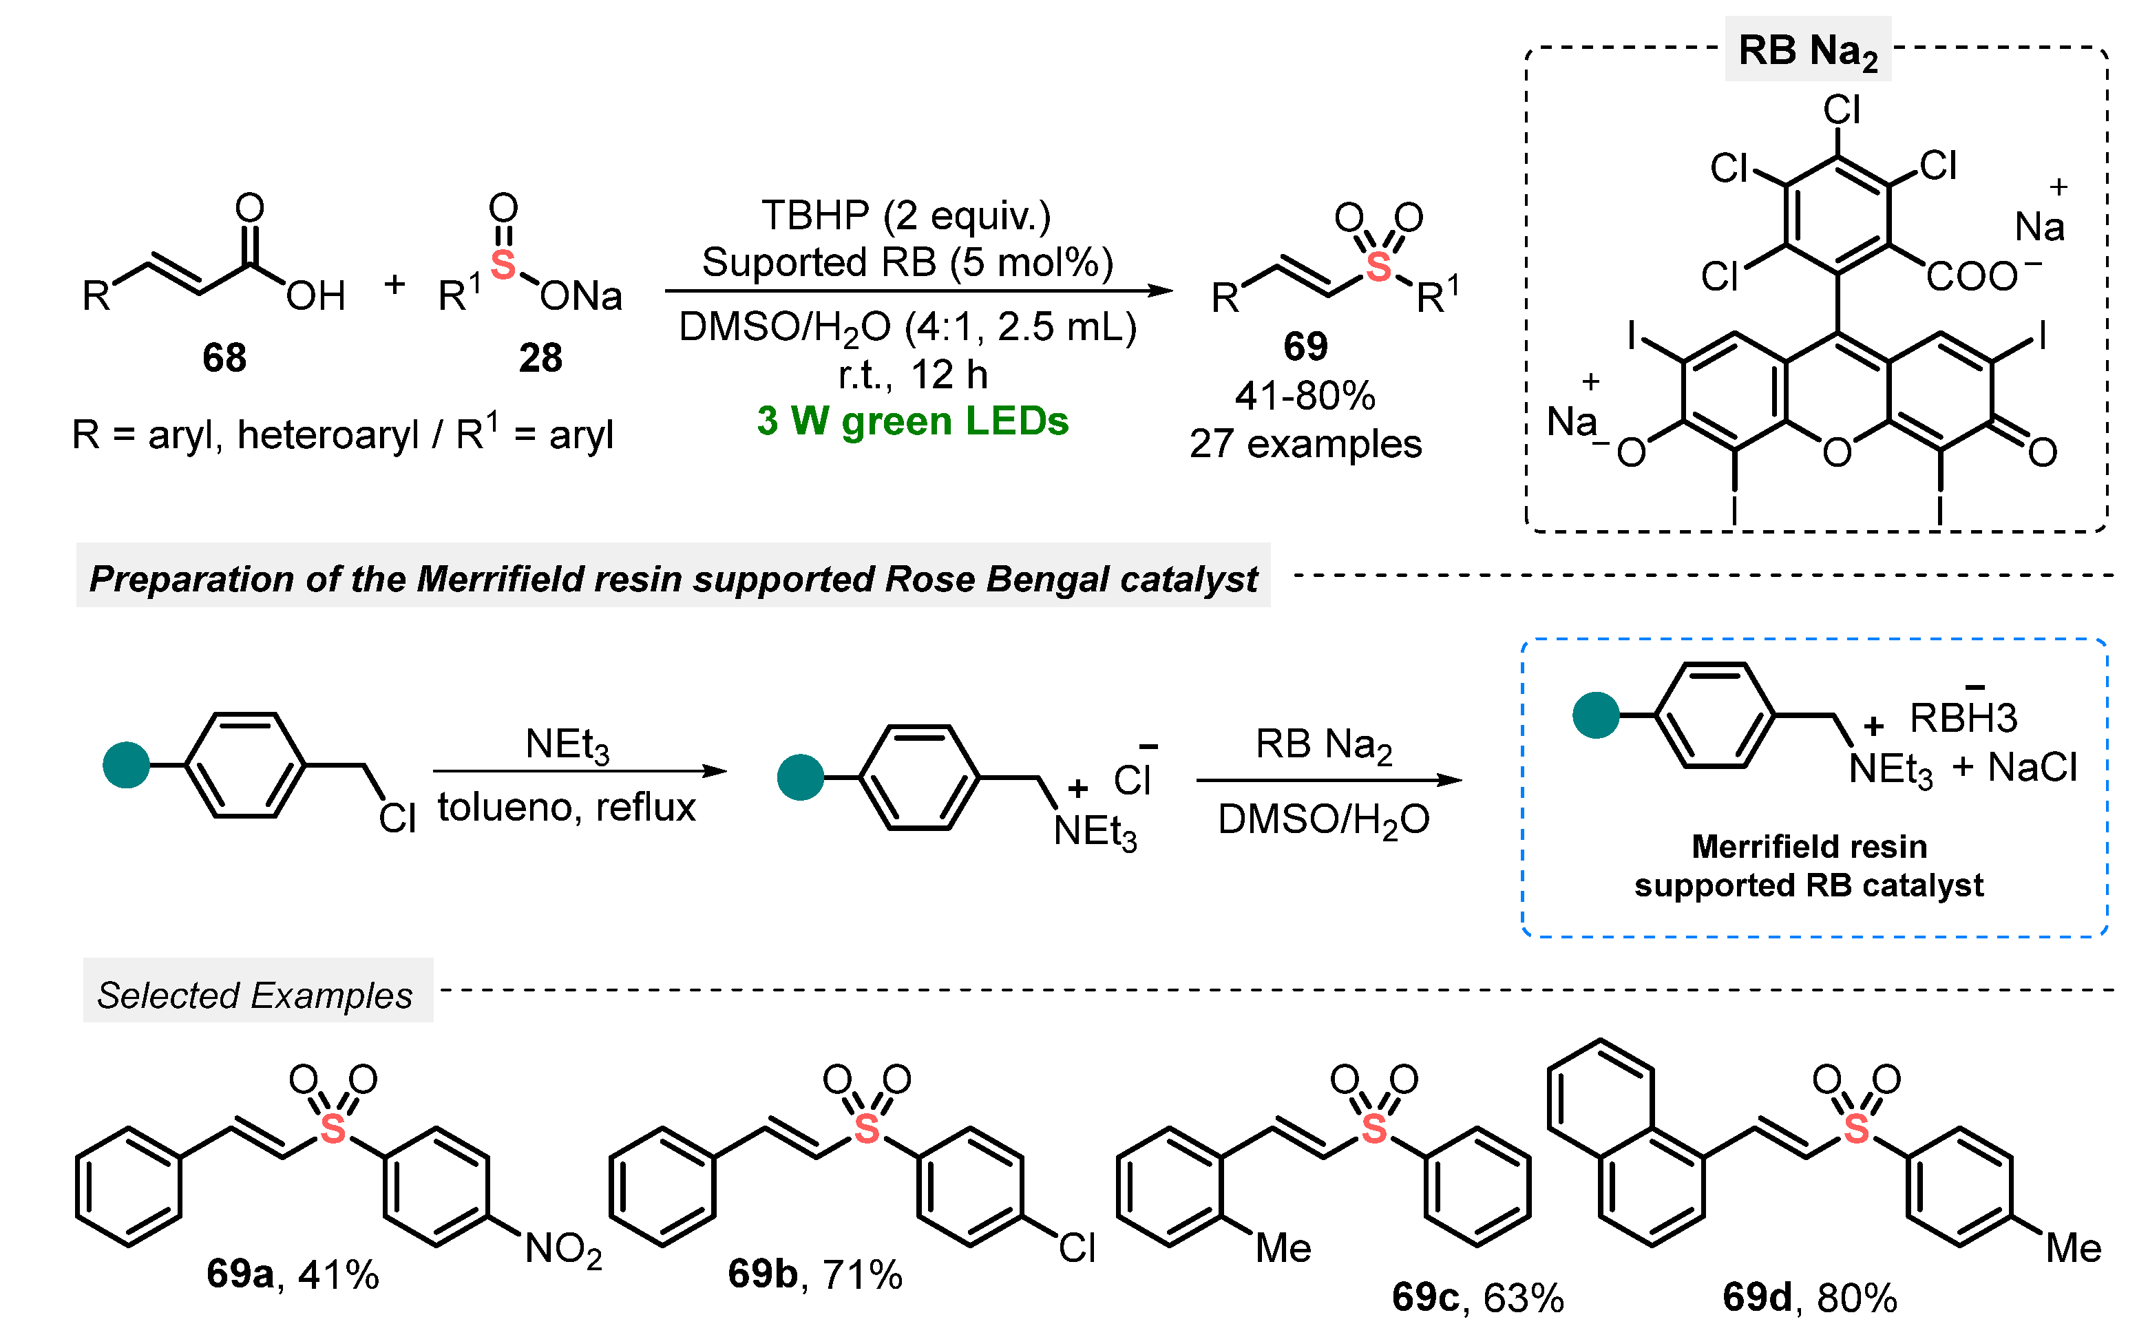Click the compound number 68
click(224, 358)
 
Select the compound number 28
click(540, 358)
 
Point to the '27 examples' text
click(1305, 444)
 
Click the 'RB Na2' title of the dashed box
click(1807, 50)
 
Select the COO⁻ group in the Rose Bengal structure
click(1981, 277)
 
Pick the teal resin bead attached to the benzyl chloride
click(127, 765)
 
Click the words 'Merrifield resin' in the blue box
click(1809, 846)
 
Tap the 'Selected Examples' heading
click(255, 996)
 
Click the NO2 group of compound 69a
click(563, 1250)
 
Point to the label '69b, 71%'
click(814, 1274)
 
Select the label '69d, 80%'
click(1809, 1297)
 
